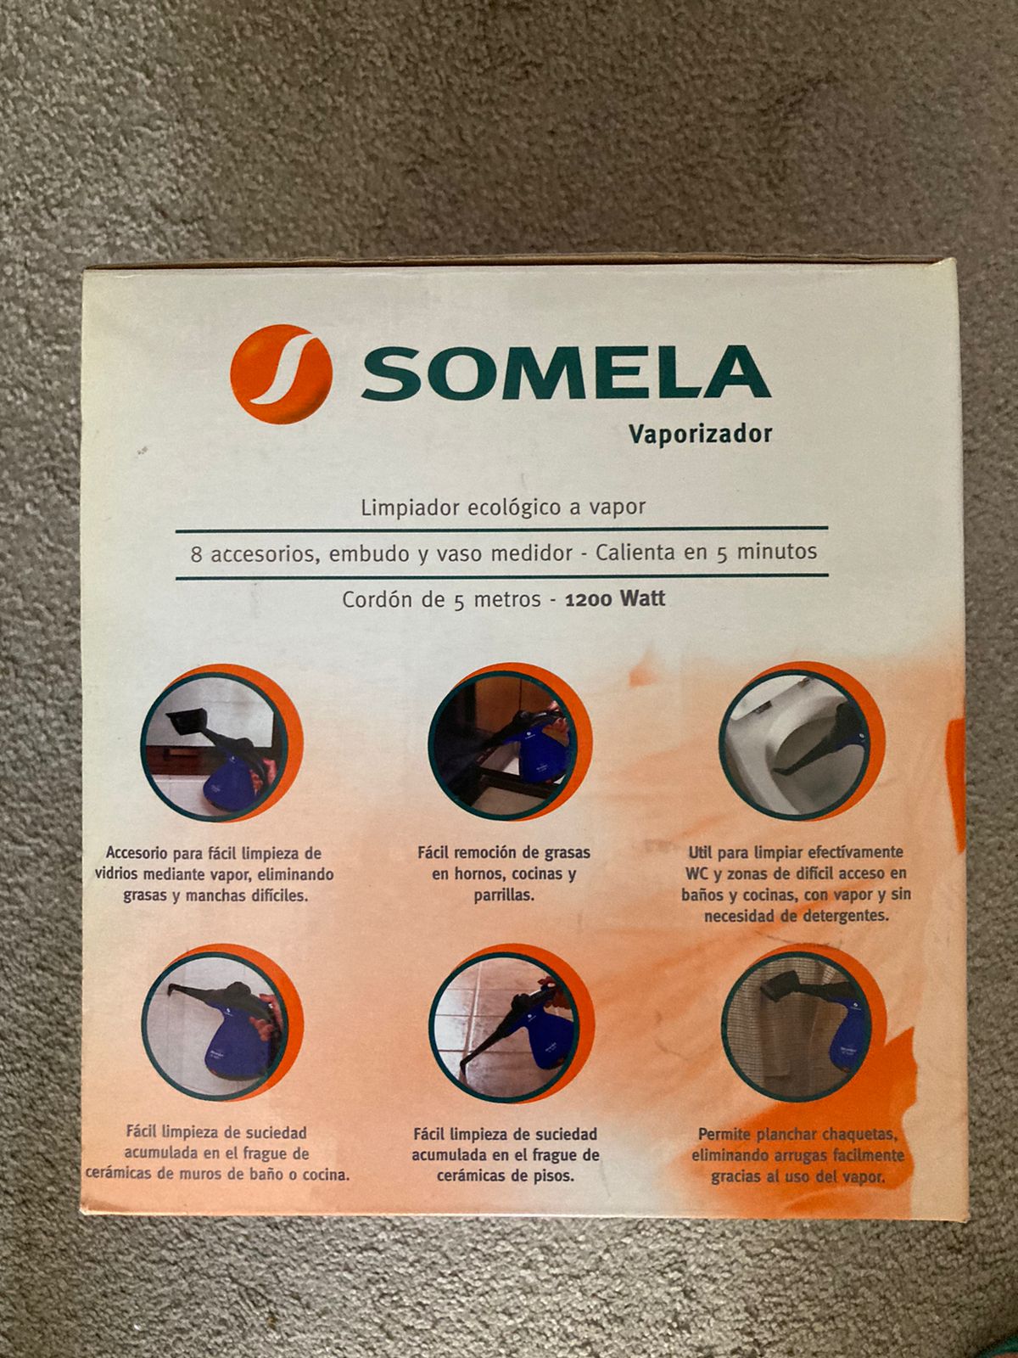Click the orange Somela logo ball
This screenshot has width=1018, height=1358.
(282, 373)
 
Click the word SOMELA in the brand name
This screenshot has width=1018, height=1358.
(566, 373)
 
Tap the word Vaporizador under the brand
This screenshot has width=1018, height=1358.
(701, 435)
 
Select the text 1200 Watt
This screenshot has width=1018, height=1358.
(615, 599)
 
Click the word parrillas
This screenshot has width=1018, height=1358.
(504, 895)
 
